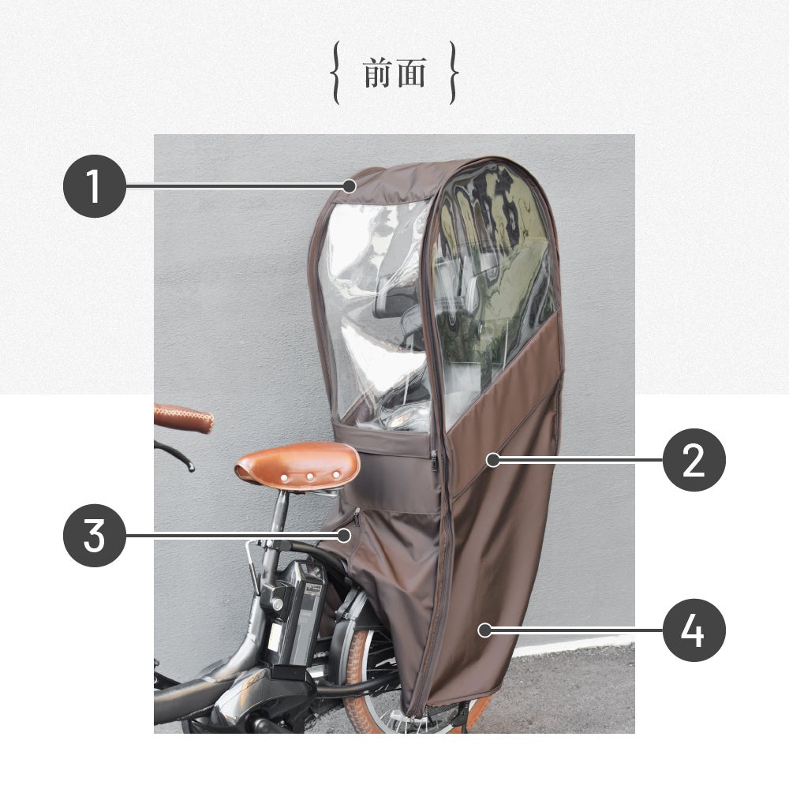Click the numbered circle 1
(95, 186)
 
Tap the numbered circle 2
(694, 460)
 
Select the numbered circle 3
(95, 536)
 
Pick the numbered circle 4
(694, 630)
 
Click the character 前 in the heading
(378, 73)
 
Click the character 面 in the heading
(411, 73)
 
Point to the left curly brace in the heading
(335, 73)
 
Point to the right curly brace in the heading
(454, 73)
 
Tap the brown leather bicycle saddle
(297, 466)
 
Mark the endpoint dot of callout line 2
(493, 460)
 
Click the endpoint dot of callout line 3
(344, 536)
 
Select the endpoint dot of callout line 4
(484, 630)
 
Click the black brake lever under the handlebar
(174, 454)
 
